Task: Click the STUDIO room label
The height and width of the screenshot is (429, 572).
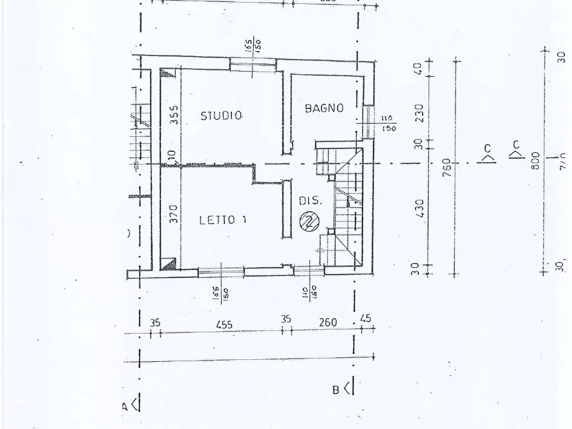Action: (x=222, y=116)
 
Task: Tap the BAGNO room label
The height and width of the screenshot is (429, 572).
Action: (x=324, y=108)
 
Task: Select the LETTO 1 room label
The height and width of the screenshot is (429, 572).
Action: (x=223, y=220)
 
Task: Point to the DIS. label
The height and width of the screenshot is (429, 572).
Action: (x=309, y=201)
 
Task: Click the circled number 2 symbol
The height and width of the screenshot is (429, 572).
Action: (x=309, y=221)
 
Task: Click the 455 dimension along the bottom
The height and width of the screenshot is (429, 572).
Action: (x=224, y=323)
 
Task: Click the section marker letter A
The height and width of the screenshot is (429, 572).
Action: (x=126, y=406)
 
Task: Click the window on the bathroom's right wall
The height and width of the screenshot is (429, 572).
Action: (x=368, y=122)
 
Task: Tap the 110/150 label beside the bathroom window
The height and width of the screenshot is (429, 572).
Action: (x=389, y=124)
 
